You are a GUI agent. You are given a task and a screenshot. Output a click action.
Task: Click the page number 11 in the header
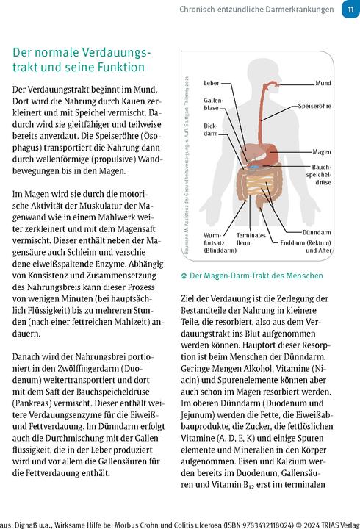[349, 10]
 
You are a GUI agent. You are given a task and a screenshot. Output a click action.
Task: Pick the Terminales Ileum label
[251, 240]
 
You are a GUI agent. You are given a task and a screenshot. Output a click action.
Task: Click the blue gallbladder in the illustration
[251, 167]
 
